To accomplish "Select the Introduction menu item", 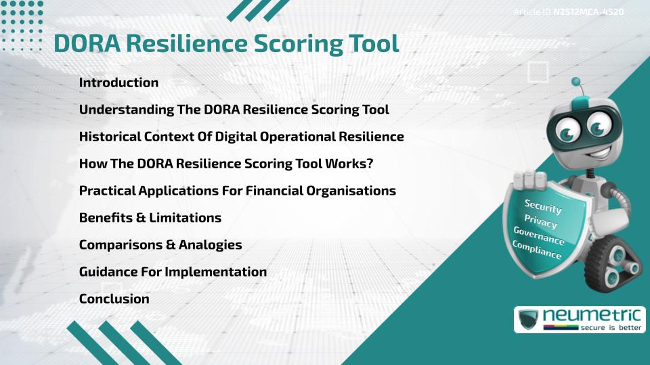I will tap(118, 82).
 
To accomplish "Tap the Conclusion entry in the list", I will tap(114, 299).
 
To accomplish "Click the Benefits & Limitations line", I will tap(150, 218).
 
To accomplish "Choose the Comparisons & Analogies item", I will tap(160, 245).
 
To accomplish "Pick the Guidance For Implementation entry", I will tap(173, 272).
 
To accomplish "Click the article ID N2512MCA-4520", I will tap(588, 12).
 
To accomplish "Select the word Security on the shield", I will tap(543, 207).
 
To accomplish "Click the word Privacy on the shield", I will tap(540, 222).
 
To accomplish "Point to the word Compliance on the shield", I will tap(536, 250).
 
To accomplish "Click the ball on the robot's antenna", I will tap(576, 82).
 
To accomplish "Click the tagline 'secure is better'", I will tap(605, 328).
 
